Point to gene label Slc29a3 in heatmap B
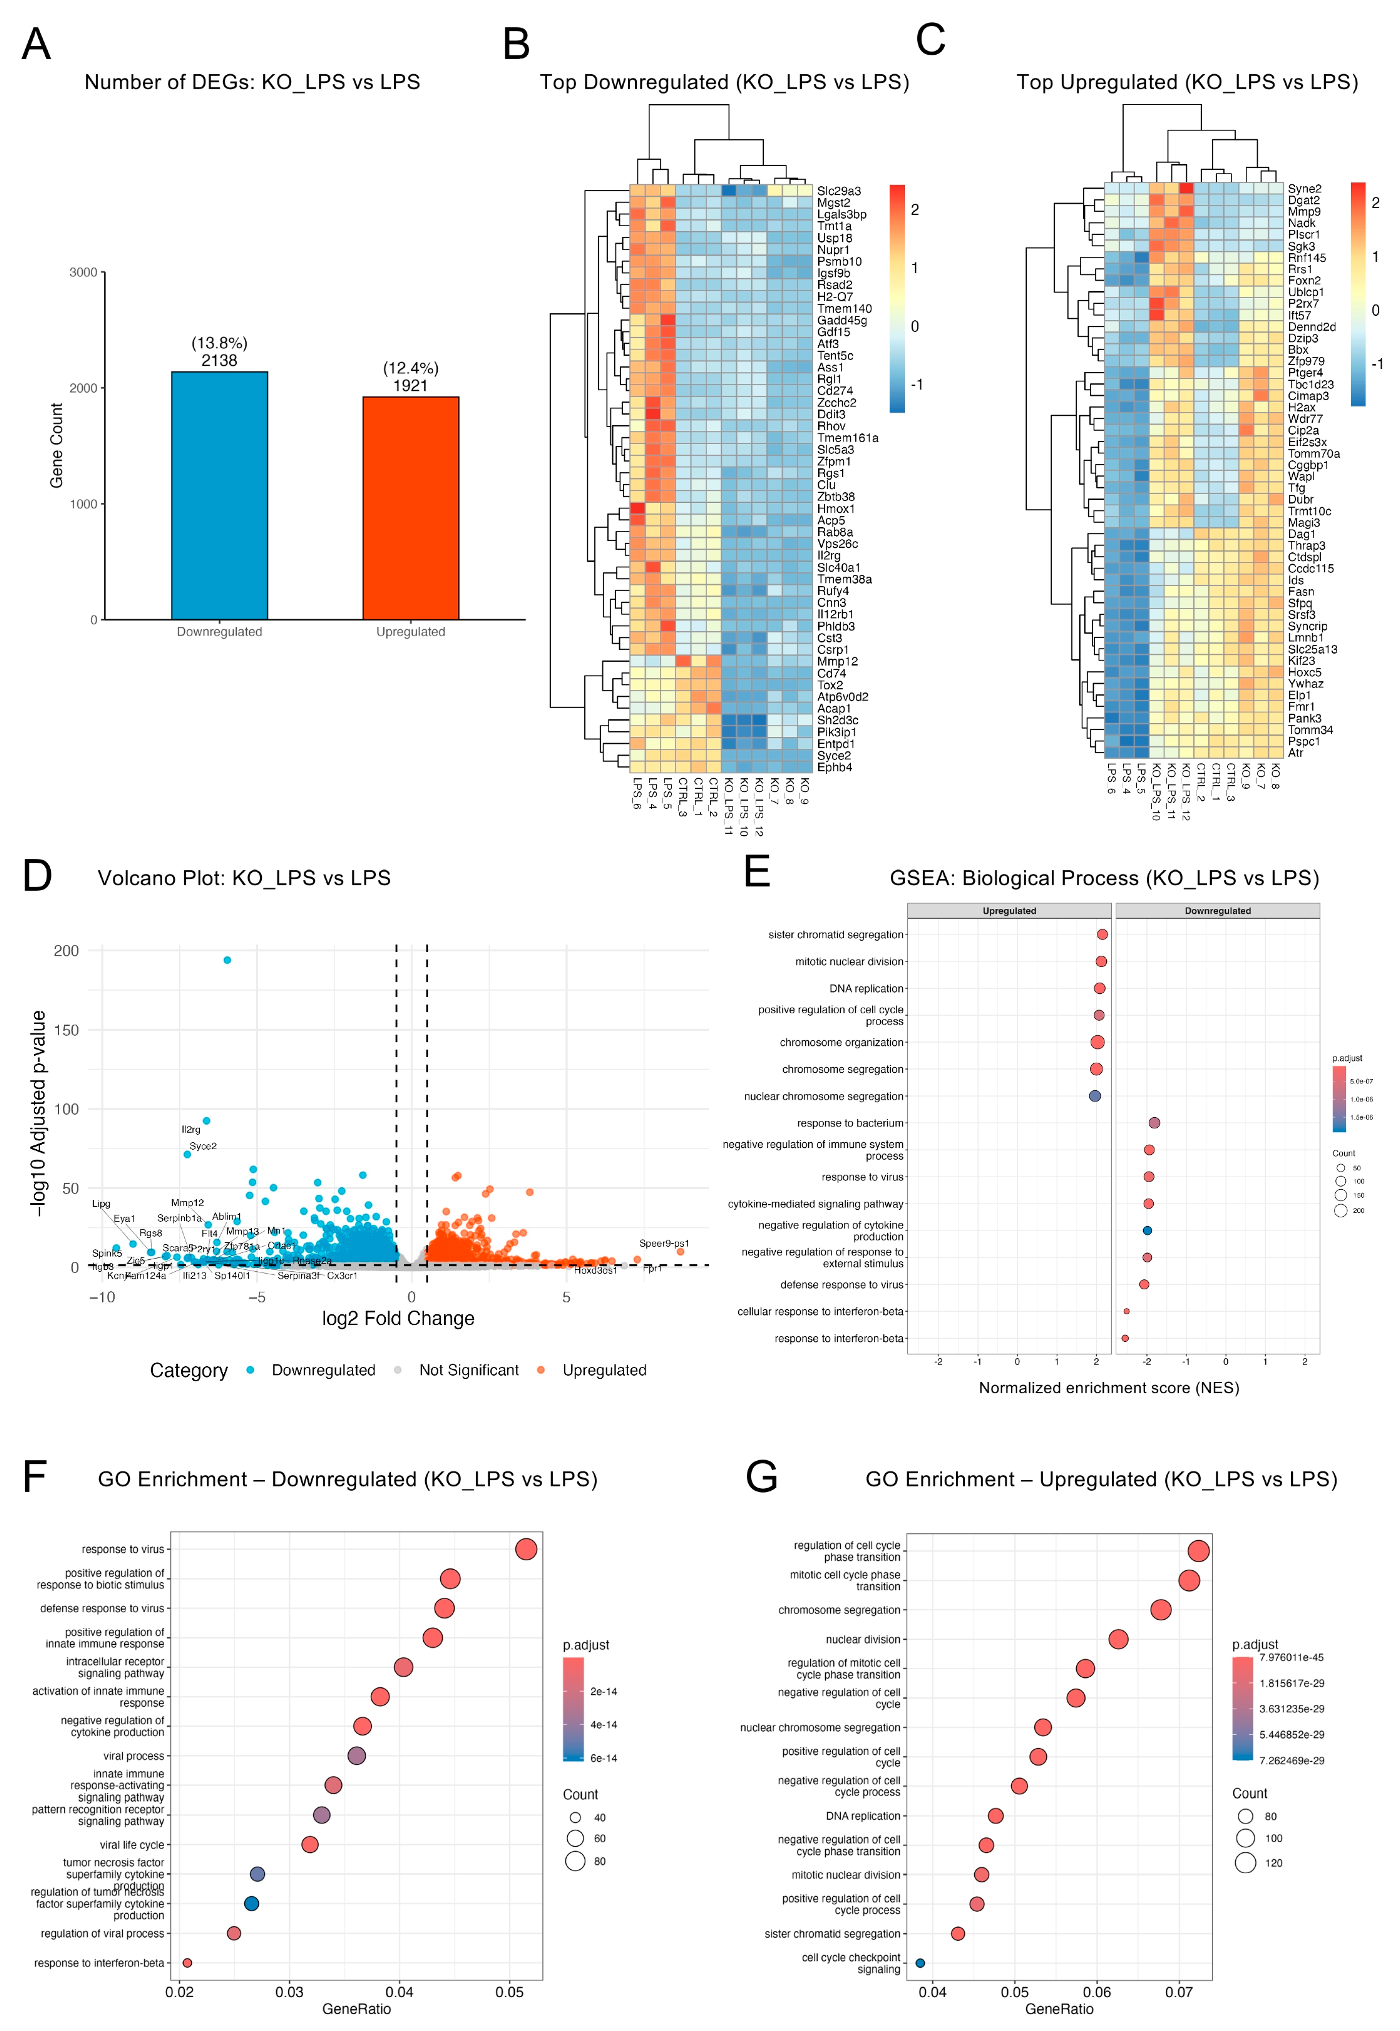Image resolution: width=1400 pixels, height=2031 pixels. (x=838, y=191)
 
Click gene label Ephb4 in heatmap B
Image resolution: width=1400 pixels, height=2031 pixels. (x=834, y=768)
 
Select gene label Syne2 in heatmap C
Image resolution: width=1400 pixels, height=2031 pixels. (x=1304, y=189)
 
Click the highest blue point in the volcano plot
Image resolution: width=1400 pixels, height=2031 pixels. (x=227, y=960)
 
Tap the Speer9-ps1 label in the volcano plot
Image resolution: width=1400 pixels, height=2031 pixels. (x=664, y=1243)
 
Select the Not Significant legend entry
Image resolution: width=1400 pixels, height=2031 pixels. (x=469, y=1371)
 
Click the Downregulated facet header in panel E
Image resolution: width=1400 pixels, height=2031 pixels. (x=1218, y=911)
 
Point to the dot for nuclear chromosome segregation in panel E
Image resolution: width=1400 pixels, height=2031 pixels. (x=1095, y=1096)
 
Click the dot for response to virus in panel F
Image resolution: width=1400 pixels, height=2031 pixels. (x=526, y=1549)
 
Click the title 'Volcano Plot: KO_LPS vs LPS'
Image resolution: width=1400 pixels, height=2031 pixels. (x=244, y=878)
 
